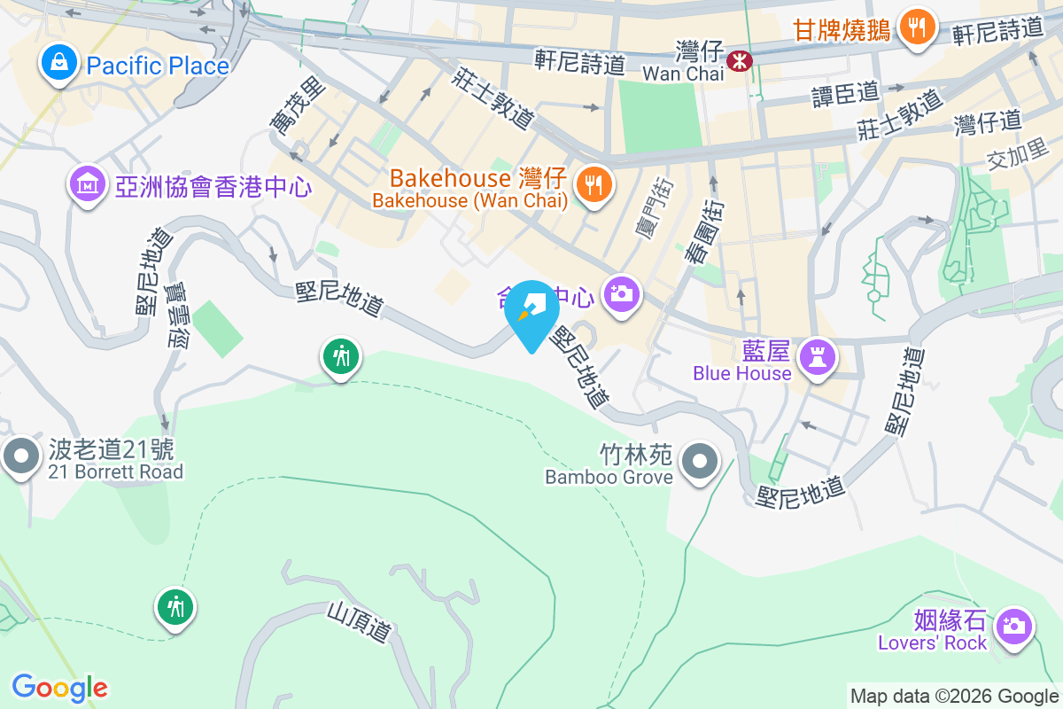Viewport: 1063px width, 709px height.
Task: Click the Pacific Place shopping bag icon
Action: pyautogui.click(x=58, y=64)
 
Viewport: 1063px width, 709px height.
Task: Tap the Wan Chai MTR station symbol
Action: pyautogui.click(x=738, y=60)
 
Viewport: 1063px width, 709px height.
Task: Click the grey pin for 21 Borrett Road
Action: pyautogui.click(x=21, y=456)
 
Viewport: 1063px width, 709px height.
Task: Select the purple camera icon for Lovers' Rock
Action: pyautogui.click(x=1012, y=626)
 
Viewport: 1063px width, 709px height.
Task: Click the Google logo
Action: pyautogui.click(x=59, y=687)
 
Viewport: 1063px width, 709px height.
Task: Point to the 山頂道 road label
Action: pyautogui.click(x=360, y=622)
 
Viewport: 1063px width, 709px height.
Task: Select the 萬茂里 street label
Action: pyautogui.click(x=286, y=107)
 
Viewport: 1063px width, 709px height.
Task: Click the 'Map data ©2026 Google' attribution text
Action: pyautogui.click(x=954, y=697)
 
